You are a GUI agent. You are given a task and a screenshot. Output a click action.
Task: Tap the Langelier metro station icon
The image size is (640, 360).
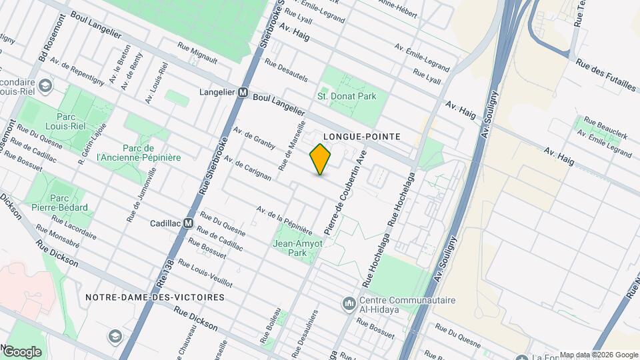tap(243, 93)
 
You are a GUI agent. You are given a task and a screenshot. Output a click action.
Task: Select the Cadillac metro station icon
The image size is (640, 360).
tap(189, 223)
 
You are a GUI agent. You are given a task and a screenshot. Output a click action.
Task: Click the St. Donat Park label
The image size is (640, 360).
tap(347, 96)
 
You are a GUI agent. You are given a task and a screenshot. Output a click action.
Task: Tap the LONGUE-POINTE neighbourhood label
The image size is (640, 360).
tap(361, 136)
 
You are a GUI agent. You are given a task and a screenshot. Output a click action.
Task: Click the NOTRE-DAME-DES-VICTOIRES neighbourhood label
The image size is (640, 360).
tap(155, 297)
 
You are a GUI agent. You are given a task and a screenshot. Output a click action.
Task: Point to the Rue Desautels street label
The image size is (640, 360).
tap(286, 71)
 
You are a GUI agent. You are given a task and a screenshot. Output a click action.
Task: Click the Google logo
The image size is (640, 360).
tap(21, 351)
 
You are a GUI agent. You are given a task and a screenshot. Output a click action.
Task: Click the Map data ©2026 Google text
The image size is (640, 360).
tap(598, 355)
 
